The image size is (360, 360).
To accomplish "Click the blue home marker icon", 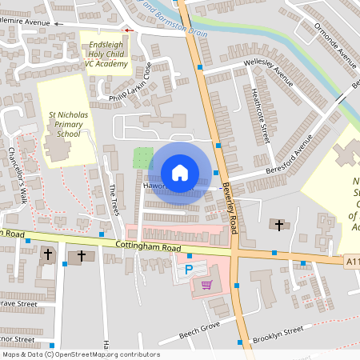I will click(180, 173).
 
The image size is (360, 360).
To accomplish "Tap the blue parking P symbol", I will click(189, 270).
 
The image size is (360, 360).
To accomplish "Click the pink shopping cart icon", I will click(206, 285).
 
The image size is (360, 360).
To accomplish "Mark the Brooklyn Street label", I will click(278, 334).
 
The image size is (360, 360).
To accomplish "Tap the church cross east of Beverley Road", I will click(278, 225).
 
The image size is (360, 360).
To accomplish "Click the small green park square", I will click(142, 158).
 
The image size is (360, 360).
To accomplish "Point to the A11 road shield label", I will click(353, 261).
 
